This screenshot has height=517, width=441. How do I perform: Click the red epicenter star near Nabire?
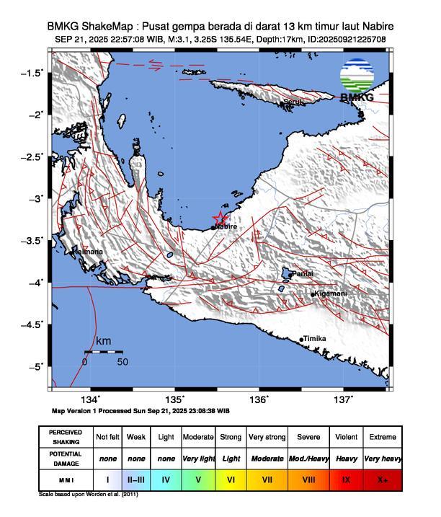(x=220, y=218)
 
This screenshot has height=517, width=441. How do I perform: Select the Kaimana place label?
(x=88, y=252)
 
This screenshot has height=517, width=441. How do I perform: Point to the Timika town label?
(x=314, y=339)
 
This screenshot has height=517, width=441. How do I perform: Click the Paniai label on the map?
(x=303, y=275)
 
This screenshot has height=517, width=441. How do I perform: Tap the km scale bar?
(x=103, y=352)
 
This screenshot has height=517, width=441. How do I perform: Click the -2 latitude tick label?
(x=35, y=114)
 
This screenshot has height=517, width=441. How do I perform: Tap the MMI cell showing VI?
(x=231, y=478)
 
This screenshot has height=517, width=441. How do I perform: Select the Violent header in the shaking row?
(x=345, y=437)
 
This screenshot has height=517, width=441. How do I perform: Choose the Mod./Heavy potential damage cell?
(x=308, y=458)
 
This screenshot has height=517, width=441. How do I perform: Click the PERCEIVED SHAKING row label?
(x=66, y=437)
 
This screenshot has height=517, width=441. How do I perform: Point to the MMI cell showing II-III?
(x=136, y=478)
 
